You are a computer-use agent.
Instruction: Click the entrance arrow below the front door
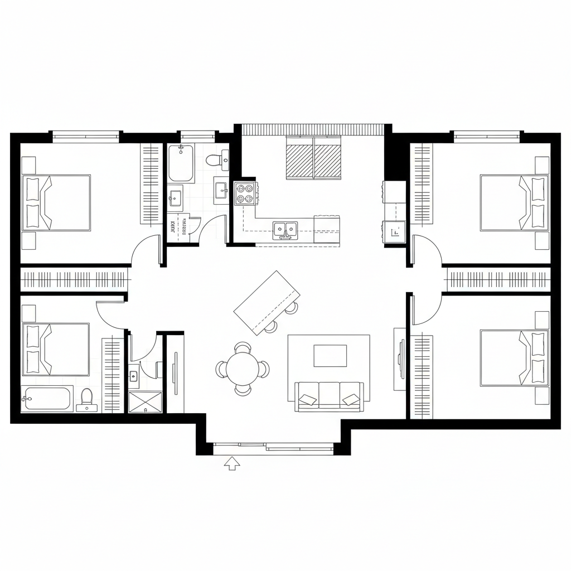click(231, 463)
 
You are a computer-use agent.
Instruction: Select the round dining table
click(243, 369)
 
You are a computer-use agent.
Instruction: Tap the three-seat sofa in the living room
click(328, 396)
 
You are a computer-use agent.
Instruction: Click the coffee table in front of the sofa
click(330, 356)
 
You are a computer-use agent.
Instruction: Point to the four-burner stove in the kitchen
click(245, 193)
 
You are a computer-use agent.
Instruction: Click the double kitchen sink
click(285, 228)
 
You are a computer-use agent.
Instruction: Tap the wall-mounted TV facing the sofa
click(400, 359)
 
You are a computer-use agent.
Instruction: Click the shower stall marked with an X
click(146, 401)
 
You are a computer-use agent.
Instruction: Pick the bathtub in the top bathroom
click(181, 163)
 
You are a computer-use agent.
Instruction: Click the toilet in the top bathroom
click(215, 161)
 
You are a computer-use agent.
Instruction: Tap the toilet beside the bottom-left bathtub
click(86, 398)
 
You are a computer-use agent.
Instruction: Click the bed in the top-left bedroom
click(56, 202)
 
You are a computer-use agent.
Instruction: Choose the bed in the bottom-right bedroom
click(513, 357)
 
